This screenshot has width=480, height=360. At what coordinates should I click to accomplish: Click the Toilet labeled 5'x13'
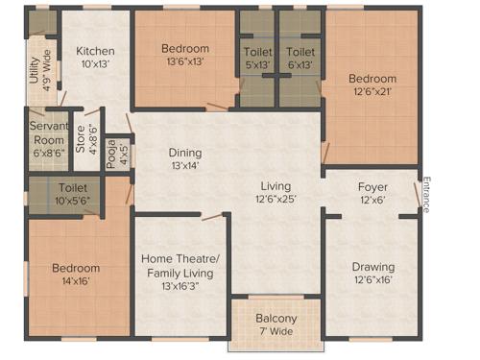[256, 52]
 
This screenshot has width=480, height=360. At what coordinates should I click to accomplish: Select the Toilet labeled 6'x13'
[300, 52]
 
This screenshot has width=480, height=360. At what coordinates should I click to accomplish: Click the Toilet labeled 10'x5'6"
[73, 189]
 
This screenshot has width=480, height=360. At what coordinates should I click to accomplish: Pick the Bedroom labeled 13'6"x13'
[184, 49]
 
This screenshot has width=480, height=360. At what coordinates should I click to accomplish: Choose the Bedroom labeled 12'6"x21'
[372, 79]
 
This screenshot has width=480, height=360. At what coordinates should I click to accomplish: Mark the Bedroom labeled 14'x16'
[76, 268]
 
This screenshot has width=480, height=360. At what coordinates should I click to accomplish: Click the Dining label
[185, 152]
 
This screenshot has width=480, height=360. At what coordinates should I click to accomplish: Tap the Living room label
[276, 186]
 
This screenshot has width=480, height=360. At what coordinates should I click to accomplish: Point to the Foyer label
[372, 186]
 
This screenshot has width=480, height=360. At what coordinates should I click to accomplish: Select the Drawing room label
[372, 267]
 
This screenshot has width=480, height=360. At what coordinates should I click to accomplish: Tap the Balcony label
[276, 319]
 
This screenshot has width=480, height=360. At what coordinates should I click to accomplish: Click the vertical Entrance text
[426, 194]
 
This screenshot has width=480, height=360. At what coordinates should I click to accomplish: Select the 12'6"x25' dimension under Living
[276, 200]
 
